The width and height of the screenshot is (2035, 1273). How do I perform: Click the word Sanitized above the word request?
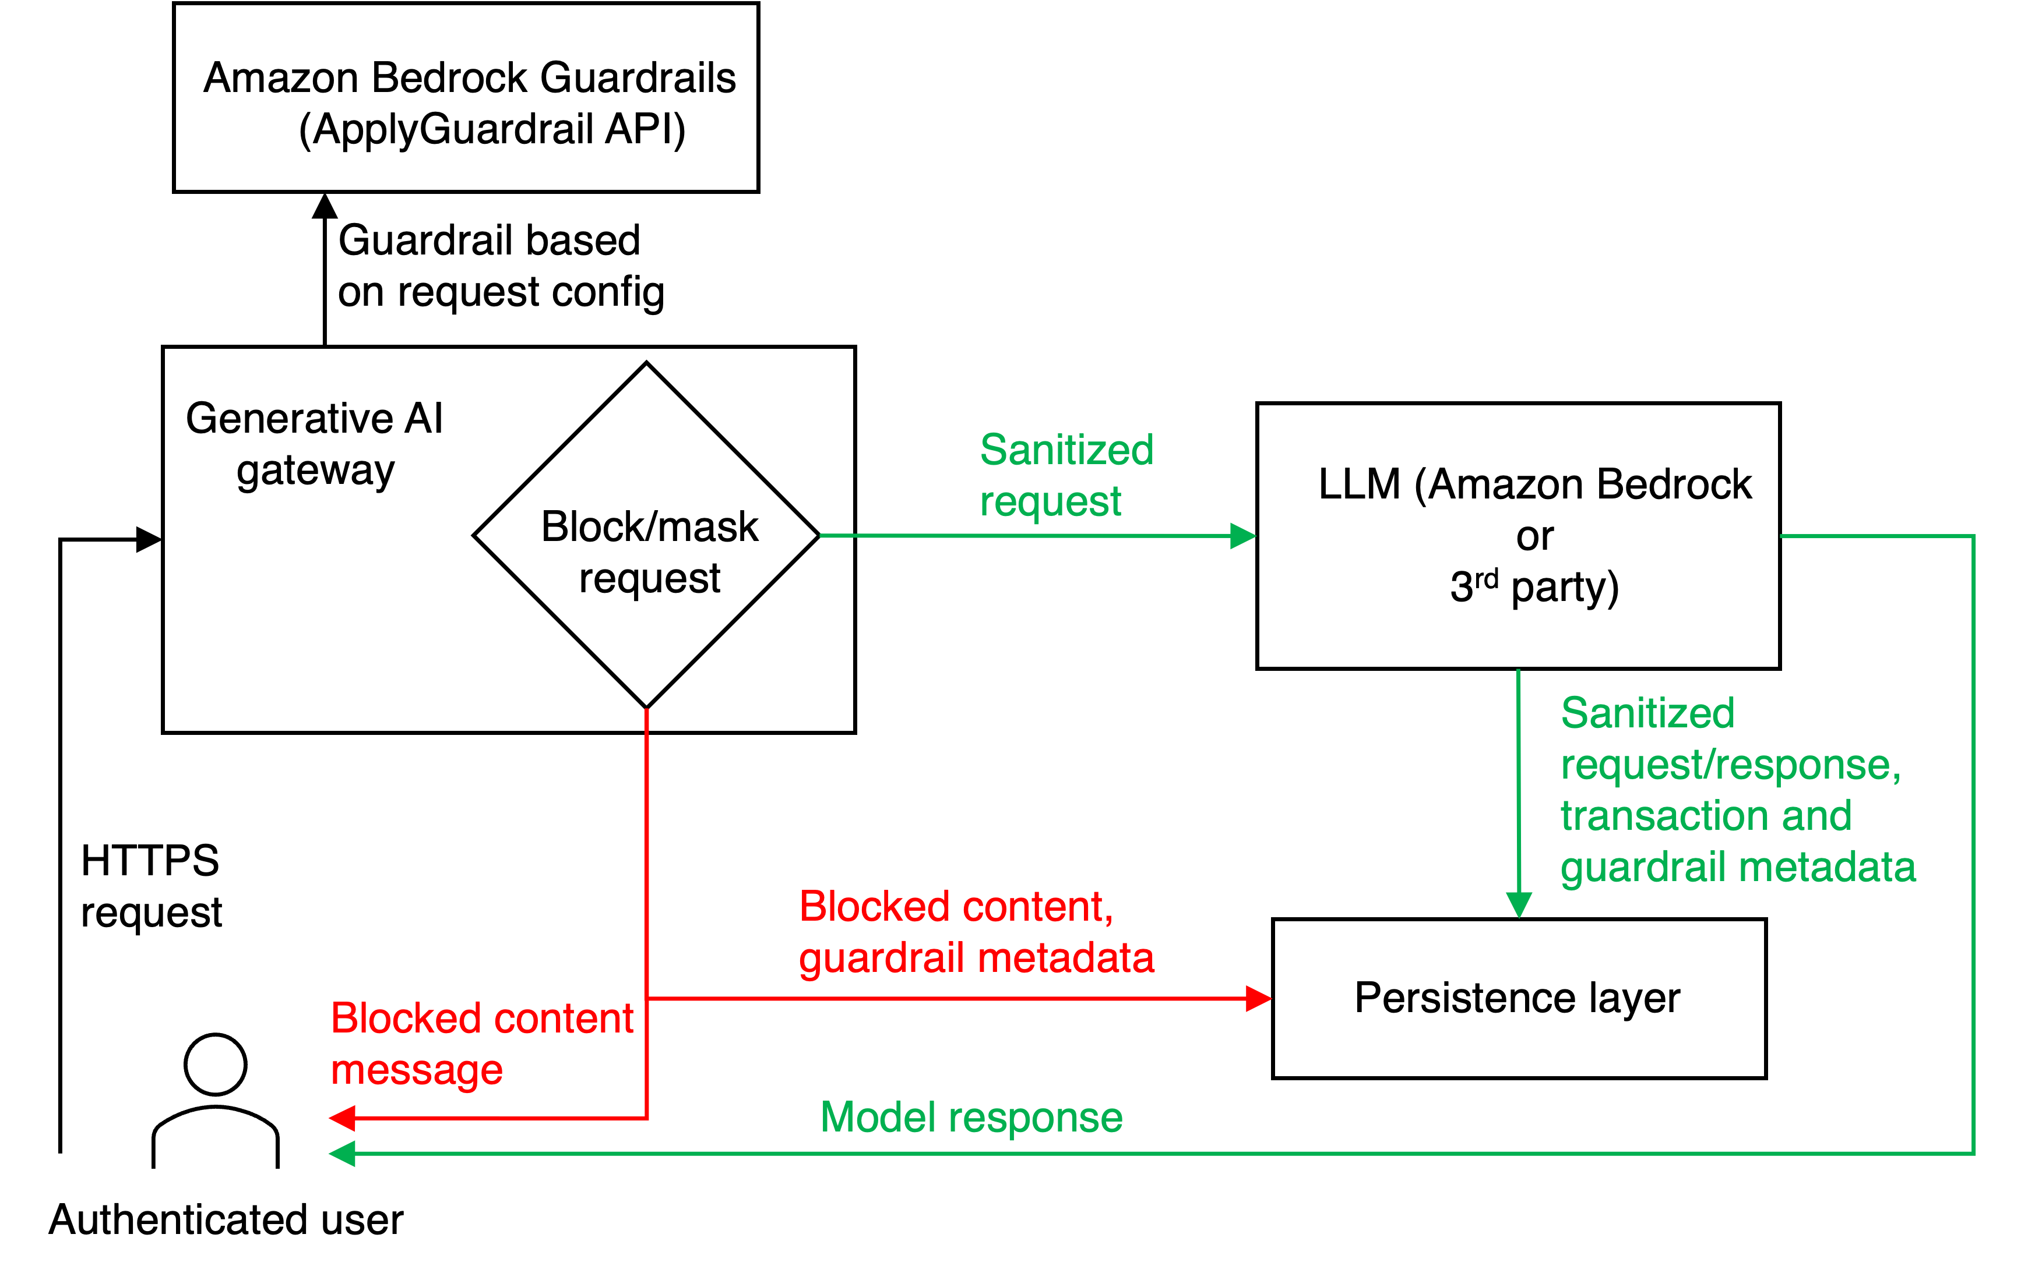(1066, 450)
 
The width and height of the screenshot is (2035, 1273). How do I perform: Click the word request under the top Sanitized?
(1050, 503)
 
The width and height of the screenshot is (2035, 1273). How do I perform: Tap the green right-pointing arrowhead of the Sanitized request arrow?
(1243, 536)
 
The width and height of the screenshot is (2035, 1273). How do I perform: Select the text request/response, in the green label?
(1730, 765)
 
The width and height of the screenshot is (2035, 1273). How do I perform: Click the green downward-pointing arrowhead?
(1519, 905)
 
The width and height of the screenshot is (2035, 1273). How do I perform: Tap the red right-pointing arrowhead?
(1258, 999)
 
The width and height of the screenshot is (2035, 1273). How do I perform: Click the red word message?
(416, 1071)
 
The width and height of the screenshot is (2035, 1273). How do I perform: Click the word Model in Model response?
(878, 1118)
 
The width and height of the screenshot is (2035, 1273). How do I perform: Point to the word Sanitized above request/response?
(1647, 713)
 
